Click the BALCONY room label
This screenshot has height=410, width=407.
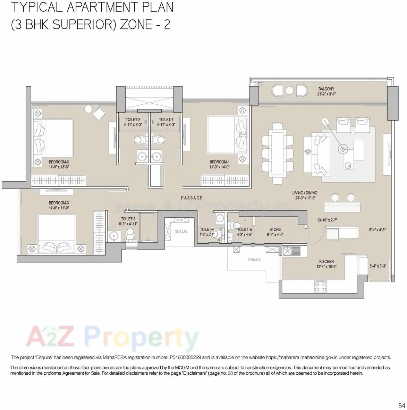pos(326,89)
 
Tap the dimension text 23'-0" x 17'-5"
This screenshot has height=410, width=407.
pos(305,198)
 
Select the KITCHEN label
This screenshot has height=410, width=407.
pos(326,262)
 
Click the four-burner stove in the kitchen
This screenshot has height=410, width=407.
pos(320,287)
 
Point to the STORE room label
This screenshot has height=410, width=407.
pos(275,229)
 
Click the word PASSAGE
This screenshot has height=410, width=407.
pos(192,198)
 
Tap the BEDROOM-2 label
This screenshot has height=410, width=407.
pos(59,162)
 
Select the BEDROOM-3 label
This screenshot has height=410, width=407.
pos(59,203)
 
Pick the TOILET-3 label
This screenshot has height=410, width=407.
pos(128,219)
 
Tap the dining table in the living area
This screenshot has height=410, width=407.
pos(278,153)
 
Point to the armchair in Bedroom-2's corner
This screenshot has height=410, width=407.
pos(100,113)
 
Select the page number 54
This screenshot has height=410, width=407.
pos(401,405)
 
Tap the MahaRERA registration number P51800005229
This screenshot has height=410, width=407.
pos(185,357)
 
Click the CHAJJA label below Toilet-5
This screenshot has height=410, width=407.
pos(254,260)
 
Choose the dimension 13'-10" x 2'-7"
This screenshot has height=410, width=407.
pos(327,220)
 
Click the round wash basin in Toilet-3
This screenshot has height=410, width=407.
pos(113,236)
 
